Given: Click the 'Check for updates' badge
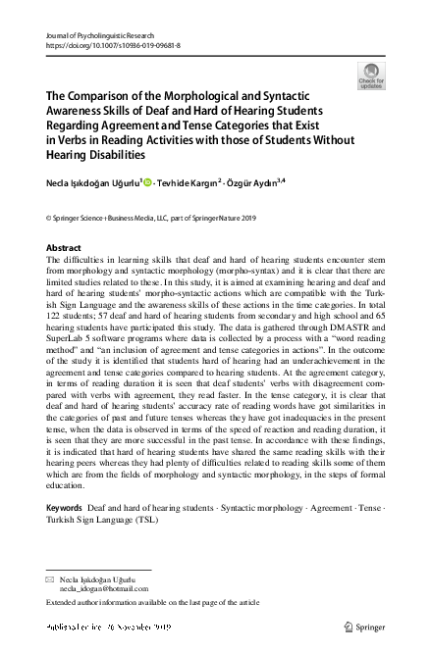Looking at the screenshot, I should point(371,75).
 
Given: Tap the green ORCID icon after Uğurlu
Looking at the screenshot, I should point(146,181).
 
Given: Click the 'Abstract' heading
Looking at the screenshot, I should point(64,248).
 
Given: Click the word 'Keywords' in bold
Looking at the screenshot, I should point(65,507).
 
